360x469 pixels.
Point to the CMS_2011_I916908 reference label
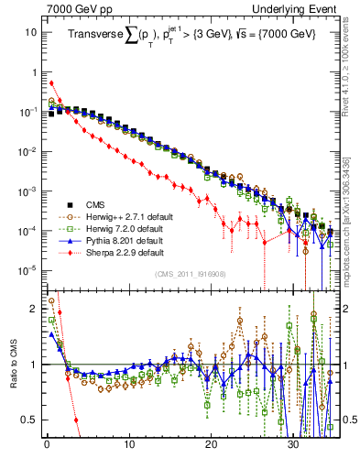[189, 273]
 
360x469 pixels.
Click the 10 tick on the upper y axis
[31, 32]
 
